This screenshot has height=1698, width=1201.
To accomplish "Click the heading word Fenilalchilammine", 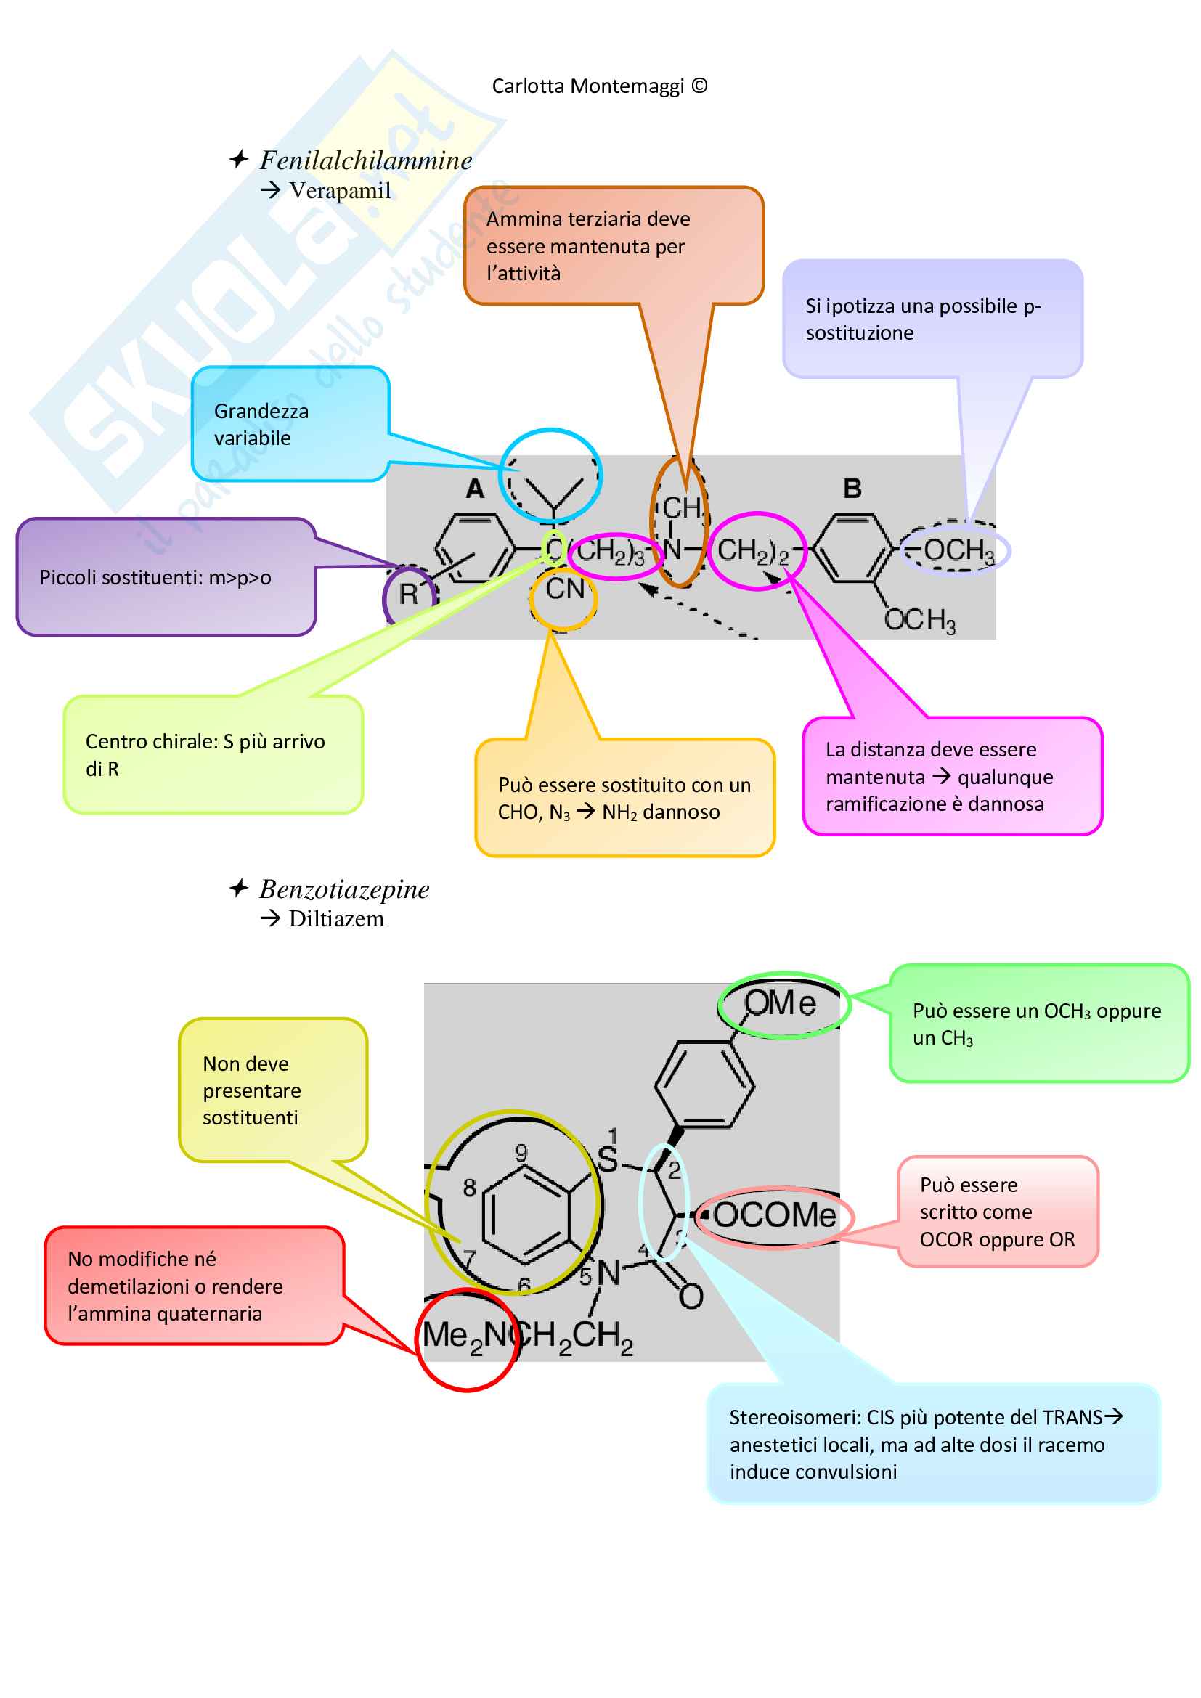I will pyautogui.click(x=365, y=160).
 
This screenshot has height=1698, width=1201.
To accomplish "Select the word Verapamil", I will pyautogui.click(x=339, y=191).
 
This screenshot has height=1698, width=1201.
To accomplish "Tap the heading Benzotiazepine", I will pyautogui.click(x=344, y=889).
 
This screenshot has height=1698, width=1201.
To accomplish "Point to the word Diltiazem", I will pyautogui.click(x=335, y=919).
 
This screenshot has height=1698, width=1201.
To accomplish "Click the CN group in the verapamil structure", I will pyautogui.click(x=564, y=589).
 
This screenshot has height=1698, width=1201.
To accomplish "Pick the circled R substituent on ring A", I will pyautogui.click(x=408, y=594).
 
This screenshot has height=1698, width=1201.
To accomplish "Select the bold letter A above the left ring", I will pyautogui.click(x=475, y=489).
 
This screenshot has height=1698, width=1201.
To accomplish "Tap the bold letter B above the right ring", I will pyautogui.click(x=852, y=489).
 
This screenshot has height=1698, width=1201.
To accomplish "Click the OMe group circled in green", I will pyautogui.click(x=780, y=1003).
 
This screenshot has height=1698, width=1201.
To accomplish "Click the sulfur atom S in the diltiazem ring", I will pyautogui.click(x=607, y=1159).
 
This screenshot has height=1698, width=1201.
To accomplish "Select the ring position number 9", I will pyautogui.click(x=521, y=1153).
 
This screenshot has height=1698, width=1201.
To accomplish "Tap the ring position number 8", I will pyautogui.click(x=470, y=1188).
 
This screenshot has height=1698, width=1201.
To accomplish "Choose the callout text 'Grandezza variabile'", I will pyautogui.click(x=261, y=425).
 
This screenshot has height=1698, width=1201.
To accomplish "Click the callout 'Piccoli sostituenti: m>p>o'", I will pyautogui.click(x=155, y=578).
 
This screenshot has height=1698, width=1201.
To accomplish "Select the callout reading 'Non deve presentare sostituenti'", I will pyautogui.click(x=251, y=1091).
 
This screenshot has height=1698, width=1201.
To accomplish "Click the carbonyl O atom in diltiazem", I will pyautogui.click(x=691, y=1297).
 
